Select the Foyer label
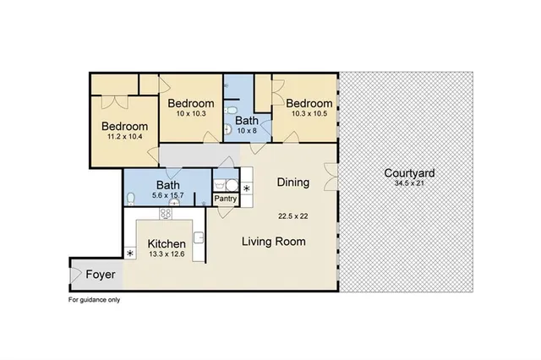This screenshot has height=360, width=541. point(94,275)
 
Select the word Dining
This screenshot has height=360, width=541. point(292,182)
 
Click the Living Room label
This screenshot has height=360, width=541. point(273,242)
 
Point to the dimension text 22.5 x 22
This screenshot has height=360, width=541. point(293,216)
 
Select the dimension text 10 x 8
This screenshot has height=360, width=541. point(247,131)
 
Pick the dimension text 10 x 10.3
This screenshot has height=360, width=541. point(190,113)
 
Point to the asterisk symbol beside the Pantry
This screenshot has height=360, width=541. point(247,188)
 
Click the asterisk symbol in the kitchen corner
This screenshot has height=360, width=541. point(130,254)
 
